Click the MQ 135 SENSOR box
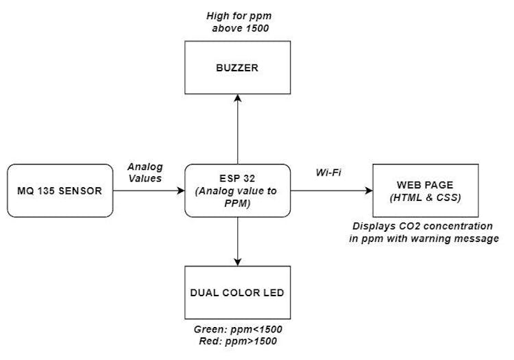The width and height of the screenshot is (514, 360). point(60,191)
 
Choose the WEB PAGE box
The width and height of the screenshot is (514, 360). point(425,191)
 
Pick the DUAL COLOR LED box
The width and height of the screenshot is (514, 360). point(238,293)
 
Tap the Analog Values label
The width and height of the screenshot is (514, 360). point(144,172)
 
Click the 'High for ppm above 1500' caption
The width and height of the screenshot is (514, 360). point(238,21)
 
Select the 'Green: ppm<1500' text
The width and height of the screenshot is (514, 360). point(238,329)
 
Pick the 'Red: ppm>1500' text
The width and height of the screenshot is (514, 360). point(238,341)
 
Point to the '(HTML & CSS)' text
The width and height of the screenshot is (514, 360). point(425,198)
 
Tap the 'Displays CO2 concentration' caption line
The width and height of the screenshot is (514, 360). point(423,226)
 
